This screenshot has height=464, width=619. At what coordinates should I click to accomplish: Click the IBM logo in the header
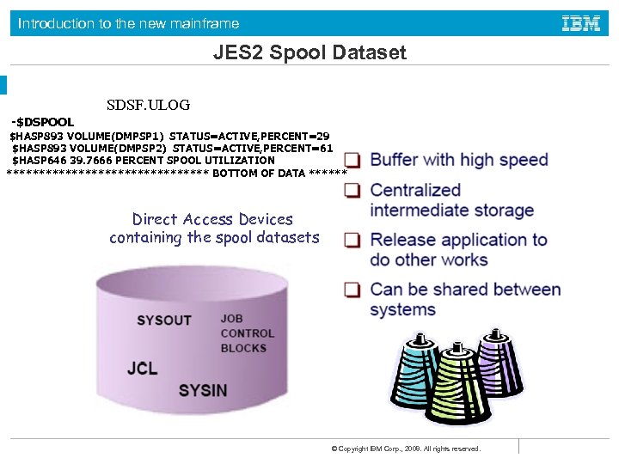click(x=580, y=23)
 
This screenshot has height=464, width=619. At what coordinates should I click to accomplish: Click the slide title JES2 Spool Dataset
click(x=309, y=53)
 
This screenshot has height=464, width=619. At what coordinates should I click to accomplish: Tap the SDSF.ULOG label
click(x=149, y=106)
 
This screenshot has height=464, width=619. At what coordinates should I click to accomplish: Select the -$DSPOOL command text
click(x=43, y=122)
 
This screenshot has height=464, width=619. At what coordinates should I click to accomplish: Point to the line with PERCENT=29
click(x=169, y=136)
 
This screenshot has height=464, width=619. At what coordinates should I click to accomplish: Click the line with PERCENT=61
click(x=172, y=148)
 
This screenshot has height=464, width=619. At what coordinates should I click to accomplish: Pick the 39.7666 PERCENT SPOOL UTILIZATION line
click(x=144, y=160)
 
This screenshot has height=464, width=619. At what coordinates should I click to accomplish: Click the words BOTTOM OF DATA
click(x=258, y=173)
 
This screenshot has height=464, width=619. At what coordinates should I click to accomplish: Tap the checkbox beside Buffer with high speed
click(x=352, y=161)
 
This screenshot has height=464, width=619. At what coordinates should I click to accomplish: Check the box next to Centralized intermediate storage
click(x=352, y=192)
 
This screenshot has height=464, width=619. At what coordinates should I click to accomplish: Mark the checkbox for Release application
click(x=352, y=241)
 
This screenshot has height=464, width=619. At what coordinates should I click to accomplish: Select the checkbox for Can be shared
click(x=352, y=290)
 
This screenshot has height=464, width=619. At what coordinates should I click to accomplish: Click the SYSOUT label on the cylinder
click(x=163, y=321)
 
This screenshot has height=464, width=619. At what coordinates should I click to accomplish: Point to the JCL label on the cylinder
click(x=142, y=368)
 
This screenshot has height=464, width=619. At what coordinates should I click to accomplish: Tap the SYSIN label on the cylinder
click(x=203, y=390)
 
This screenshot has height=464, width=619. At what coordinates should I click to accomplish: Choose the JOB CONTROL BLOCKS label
click(x=248, y=333)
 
